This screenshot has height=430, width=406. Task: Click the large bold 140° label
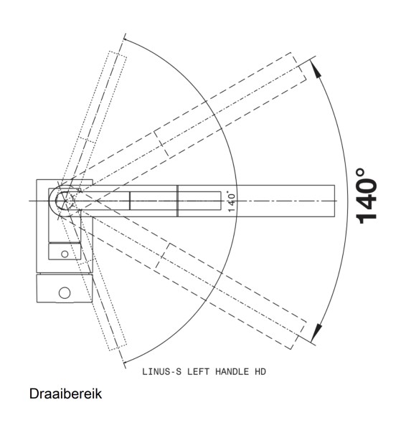tap(367, 196)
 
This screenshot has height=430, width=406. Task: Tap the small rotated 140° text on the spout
tap(231, 202)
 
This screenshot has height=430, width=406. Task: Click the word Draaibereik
tap(65, 393)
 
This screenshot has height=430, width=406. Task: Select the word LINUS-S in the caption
tap(161, 371)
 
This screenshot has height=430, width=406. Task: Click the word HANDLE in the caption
tap(232, 371)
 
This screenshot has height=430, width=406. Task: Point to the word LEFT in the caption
tap(199, 371)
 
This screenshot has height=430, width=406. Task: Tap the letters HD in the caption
tap(260, 371)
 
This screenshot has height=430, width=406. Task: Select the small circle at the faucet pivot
tap(65, 201)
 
